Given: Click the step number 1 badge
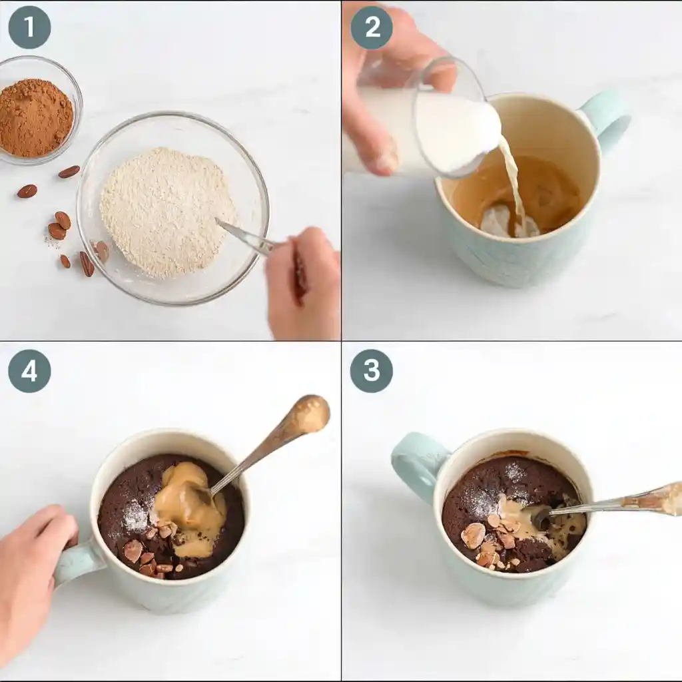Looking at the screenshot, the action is tap(29, 27).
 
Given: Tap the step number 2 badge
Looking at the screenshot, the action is tap(372, 27).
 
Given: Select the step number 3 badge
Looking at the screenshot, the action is tap(372, 371).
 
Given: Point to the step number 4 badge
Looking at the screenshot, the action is tap(29, 371).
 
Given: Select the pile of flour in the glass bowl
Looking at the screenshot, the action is tap(167, 212).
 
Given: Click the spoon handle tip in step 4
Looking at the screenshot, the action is tap(312, 413).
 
